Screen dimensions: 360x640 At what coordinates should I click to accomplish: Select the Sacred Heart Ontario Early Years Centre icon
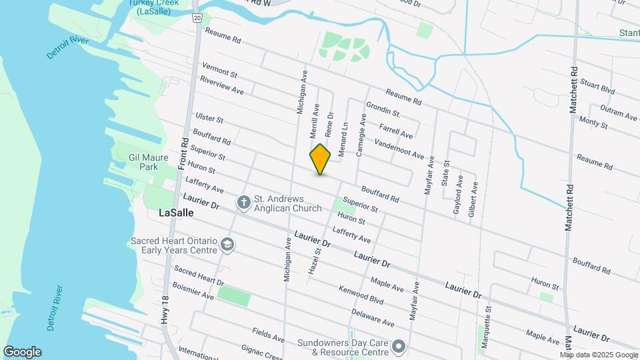click(228, 245)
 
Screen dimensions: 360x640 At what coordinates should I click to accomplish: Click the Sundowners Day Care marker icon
click(399, 347)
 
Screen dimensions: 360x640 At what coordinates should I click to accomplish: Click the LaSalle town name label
click(177, 213)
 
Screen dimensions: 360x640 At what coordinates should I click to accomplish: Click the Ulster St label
click(209, 118)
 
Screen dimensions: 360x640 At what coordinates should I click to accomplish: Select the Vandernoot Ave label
click(399, 149)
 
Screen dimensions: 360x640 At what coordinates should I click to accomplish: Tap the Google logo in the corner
click(22, 351)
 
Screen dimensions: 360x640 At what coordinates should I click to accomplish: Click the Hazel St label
click(313, 262)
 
